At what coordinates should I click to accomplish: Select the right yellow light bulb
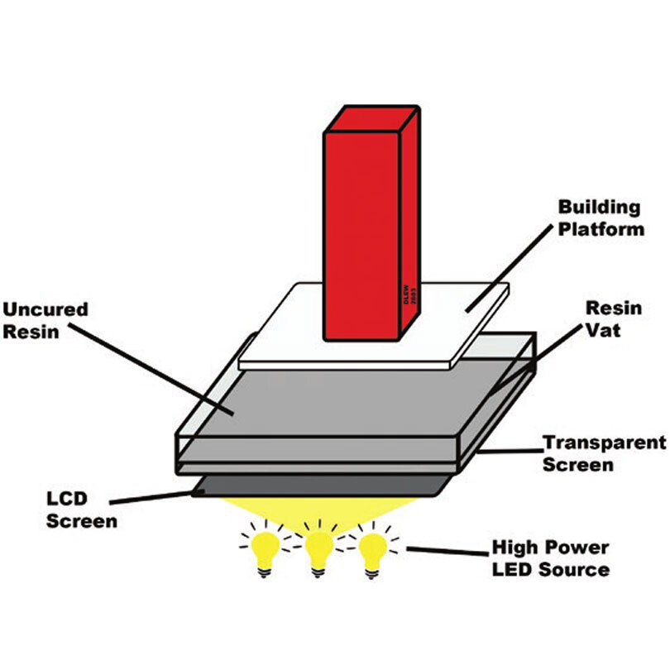click(x=372, y=548)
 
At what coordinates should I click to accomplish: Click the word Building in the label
click(x=600, y=207)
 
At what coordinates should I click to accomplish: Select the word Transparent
click(x=604, y=443)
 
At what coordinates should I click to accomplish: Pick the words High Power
click(x=551, y=548)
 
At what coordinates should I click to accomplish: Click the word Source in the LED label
click(x=576, y=569)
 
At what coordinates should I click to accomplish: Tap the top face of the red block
click(x=370, y=117)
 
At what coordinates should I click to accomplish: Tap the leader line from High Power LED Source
click(x=438, y=549)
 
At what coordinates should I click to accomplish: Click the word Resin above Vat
click(x=613, y=308)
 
